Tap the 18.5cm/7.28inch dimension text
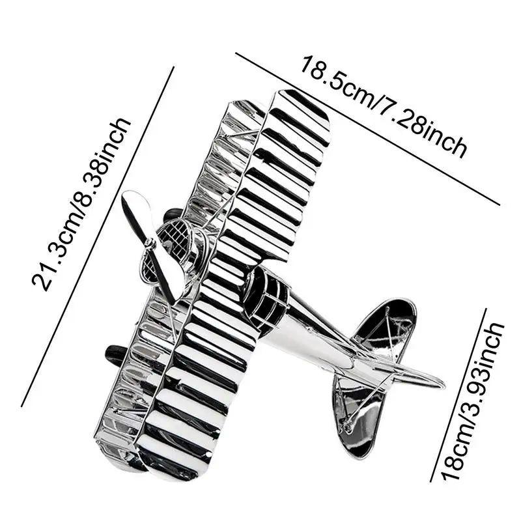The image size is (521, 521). coord(384,108)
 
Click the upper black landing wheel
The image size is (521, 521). coord(173,214)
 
